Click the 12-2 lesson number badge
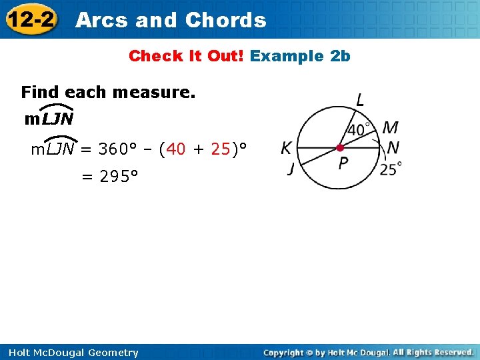(x=30, y=19)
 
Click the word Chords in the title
(x=225, y=20)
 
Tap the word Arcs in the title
(x=102, y=20)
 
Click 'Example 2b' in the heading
(x=300, y=56)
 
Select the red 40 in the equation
(x=176, y=149)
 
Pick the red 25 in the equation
(x=220, y=149)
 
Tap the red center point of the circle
(x=340, y=147)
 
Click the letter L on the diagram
(x=360, y=101)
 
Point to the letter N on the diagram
(x=393, y=147)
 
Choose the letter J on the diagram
(x=291, y=169)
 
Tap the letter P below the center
(x=343, y=163)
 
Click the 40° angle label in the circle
(x=361, y=129)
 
